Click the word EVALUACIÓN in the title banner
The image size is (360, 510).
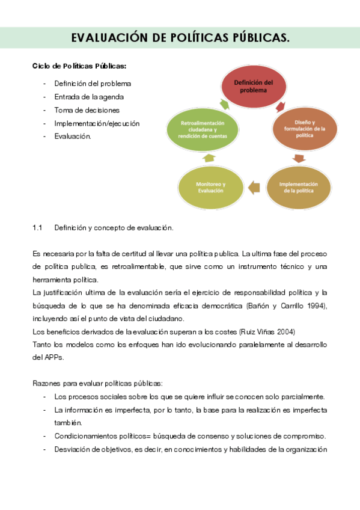(x=109, y=38)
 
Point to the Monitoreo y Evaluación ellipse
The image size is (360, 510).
(x=210, y=187)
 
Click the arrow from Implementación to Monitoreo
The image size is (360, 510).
(x=254, y=188)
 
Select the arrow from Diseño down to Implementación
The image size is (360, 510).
(x=299, y=159)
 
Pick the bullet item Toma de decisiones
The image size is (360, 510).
(x=87, y=110)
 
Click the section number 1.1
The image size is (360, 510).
(x=37, y=228)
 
